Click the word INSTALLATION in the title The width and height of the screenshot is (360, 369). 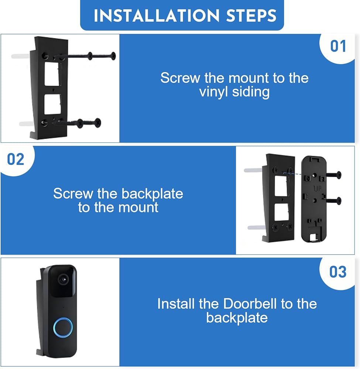(x=157, y=16)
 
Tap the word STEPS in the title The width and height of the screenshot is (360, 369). (x=251, y=16)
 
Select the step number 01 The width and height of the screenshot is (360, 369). (x=338, y=46)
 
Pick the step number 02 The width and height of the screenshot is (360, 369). (x=16, y=159)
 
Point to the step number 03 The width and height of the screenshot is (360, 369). (x=338, y=272)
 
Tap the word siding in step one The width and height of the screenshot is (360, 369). (x=251, y=92)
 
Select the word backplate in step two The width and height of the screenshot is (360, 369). (x=152, y=194)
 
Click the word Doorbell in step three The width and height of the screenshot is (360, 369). (x=250, y=304)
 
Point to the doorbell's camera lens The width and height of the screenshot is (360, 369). (x=63, y=279)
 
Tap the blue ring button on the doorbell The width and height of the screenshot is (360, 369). (x=63, y=327)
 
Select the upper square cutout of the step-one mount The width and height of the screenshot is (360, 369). (x=52, y=74)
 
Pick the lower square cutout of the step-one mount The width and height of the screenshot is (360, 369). (x=52, y=104)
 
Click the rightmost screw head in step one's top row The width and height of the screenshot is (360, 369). (x=113, y=56)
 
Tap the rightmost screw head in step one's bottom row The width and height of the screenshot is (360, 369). (x=97, y=123)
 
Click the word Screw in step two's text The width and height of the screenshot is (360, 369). (x=73, y=194)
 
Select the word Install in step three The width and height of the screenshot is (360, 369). (x=176, y=304)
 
